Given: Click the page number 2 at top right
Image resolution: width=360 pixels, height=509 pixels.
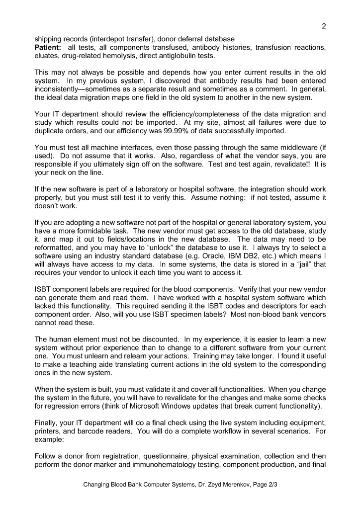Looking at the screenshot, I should pos(324,26).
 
